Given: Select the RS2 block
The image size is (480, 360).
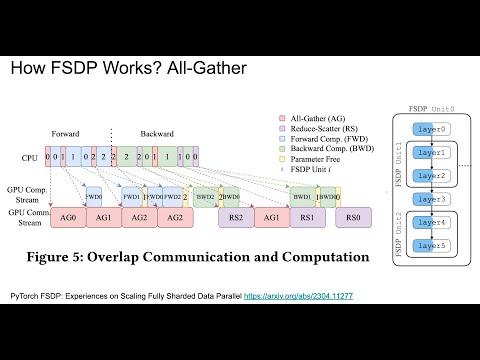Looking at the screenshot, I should point(236,217).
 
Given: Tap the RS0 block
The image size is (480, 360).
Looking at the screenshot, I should point(353,217).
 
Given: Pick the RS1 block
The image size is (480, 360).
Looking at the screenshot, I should point(309,217).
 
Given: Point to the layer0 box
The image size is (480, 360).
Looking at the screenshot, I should point(424,129).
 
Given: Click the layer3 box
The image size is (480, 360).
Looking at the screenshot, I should point(424,198).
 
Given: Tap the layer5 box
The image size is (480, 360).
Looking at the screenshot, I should point(424,245).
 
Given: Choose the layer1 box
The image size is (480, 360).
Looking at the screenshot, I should point(424,152).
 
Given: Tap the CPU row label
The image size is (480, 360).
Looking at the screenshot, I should point(30,157).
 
